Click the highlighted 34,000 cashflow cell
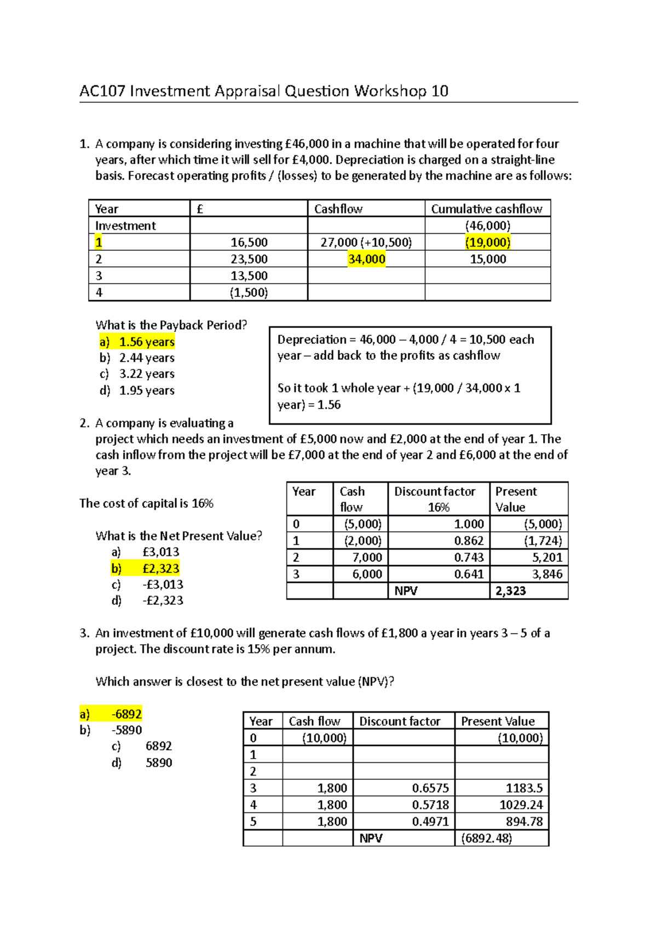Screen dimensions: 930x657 [366, 259]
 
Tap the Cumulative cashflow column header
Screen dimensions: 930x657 [486, 209]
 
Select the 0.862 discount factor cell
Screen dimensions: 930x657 [469, 541]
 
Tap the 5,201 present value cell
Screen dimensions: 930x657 [547, 558]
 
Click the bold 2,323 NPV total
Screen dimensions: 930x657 [510, 591]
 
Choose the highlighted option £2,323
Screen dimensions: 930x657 [160, 569]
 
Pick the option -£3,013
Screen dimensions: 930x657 [163, 584]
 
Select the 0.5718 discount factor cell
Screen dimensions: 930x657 [430, 805]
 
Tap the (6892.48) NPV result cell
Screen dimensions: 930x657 [487, 839]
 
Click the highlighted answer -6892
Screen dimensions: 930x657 [126, 714]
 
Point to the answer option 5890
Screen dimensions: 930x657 [159, 763]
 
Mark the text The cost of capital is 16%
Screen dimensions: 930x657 [146, 503]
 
